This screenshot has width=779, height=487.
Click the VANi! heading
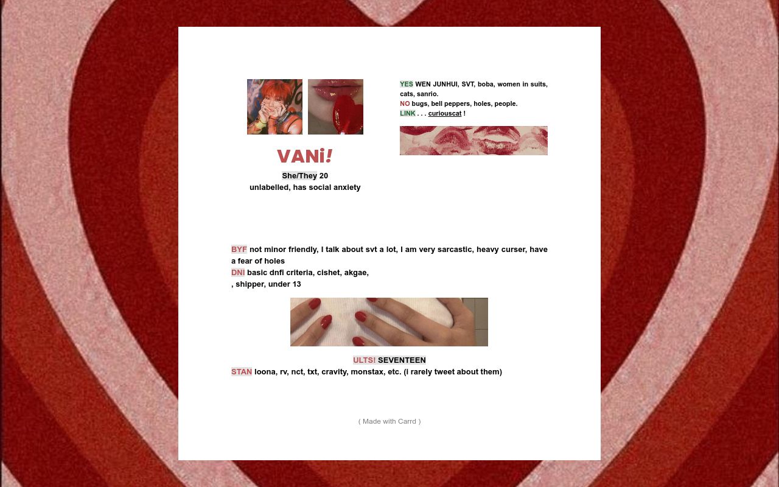coord(304,156)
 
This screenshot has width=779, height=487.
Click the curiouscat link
coord(444,114)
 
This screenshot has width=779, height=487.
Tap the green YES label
coord(406,85)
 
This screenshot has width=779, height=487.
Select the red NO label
coord(405,104)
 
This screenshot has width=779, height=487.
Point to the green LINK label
coord(407,114)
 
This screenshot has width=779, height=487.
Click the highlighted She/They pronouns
coord(299,176)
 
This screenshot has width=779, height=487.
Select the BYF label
coord(239,250)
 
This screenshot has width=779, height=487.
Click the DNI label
coord(237,273)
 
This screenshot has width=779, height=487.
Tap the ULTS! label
coord(364,360)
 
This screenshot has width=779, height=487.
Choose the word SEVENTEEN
coord(402,360)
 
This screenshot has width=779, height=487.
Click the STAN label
coord(241,372)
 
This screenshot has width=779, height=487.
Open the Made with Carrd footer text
coord(389,421)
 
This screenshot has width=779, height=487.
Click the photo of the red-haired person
coord(274,107)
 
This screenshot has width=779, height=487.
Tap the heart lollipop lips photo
coord(335,107)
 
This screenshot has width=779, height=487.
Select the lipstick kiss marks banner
coord(473,141)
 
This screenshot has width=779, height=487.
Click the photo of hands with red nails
coord(389,322)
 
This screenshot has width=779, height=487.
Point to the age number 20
coord(324,176)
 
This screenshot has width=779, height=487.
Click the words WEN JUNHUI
coord(436,85)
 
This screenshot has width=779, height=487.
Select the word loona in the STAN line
coord(265,372)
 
